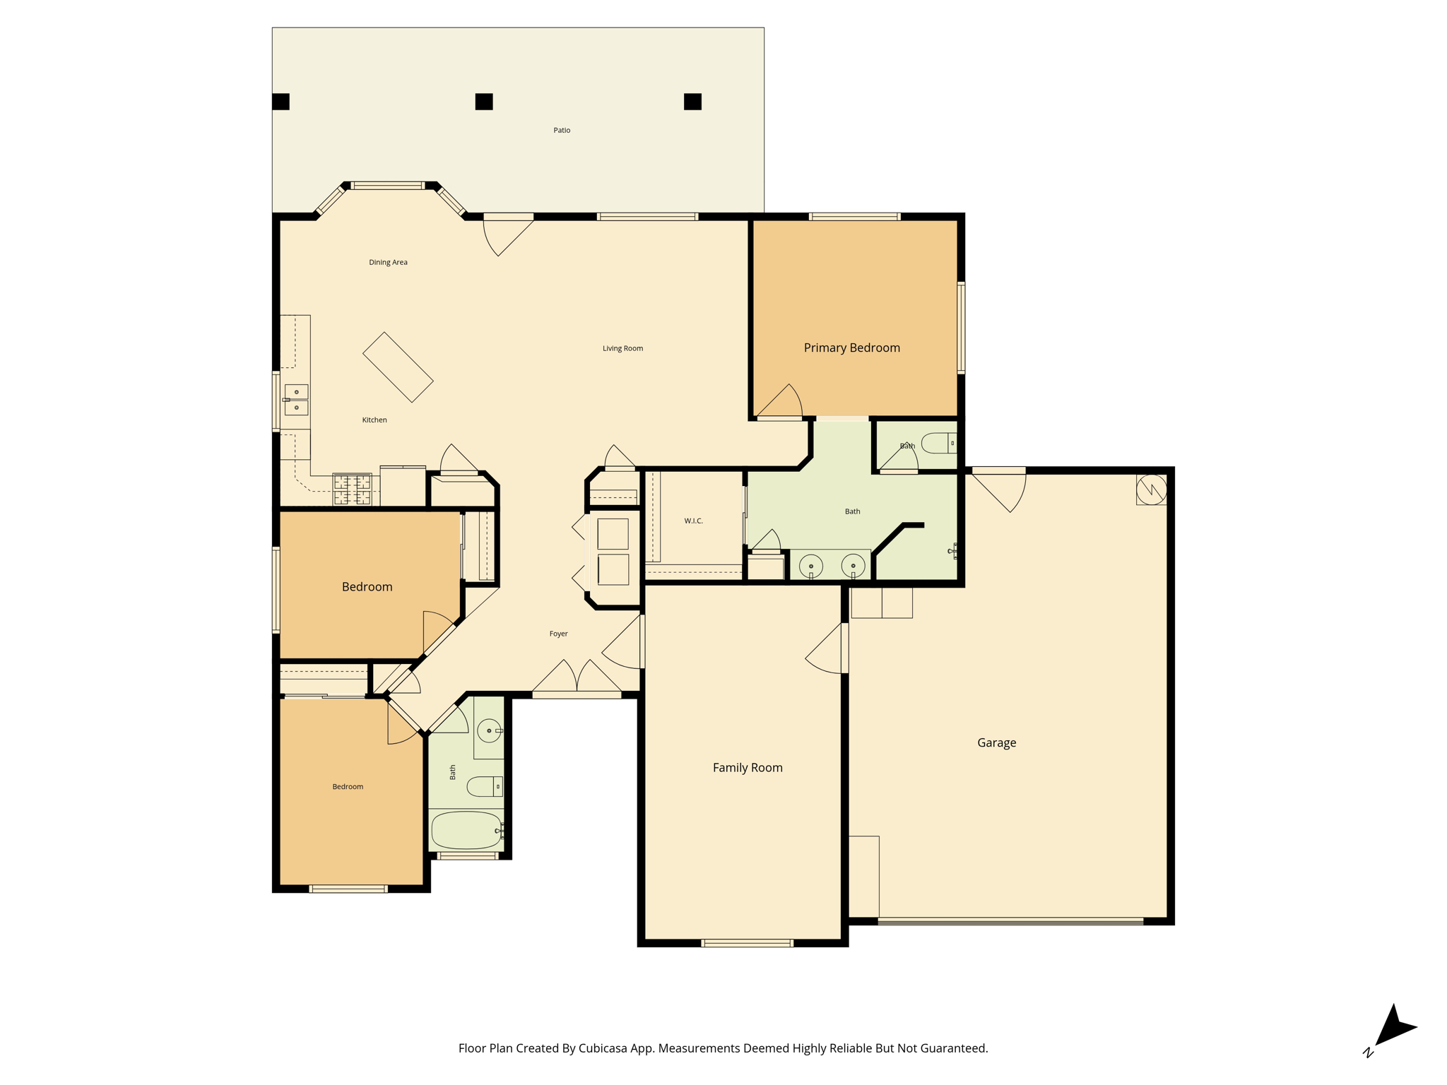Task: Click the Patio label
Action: point(562,130)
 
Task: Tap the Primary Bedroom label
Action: point(851,348)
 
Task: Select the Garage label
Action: point(996,742)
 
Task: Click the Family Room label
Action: point(748,767)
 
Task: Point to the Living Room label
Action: point(622,348)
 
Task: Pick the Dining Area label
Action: point(388,262)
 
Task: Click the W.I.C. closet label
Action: point(693,521)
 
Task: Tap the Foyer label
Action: point(558,634)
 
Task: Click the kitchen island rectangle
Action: point(398,367)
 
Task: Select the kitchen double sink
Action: point(296,400)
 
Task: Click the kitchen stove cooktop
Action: point(352,490)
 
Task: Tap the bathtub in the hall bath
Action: point(466,830)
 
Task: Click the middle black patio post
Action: point(484,102)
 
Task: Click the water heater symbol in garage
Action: point(1151,490)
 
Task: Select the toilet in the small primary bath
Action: point(940,443)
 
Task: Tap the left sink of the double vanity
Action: point(811,566)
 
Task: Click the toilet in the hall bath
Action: point(485,786)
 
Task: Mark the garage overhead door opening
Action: point(1010,921)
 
